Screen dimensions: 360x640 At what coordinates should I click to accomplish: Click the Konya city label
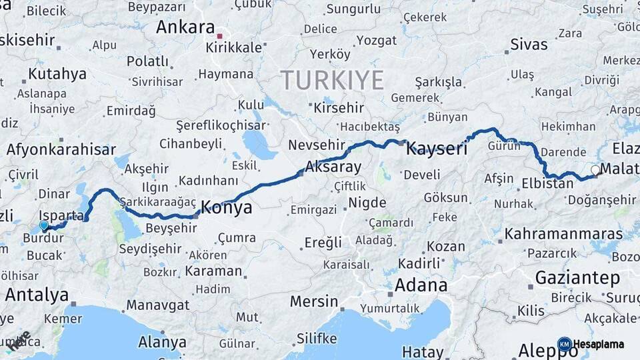227,207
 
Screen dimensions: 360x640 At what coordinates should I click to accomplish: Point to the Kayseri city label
437,148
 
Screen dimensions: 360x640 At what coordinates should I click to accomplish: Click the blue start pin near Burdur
44,225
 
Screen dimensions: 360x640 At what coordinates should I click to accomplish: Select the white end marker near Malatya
595,170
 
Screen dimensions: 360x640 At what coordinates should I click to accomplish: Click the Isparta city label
62,215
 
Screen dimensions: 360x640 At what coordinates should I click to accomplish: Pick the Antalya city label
37,294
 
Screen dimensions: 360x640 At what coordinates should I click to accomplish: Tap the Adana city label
421,285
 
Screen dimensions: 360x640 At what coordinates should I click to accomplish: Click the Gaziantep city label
577,277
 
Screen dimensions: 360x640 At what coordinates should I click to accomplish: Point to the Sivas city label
529,45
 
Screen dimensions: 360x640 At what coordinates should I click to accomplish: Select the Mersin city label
314,301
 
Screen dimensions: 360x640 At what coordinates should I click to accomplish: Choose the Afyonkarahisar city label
61,150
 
